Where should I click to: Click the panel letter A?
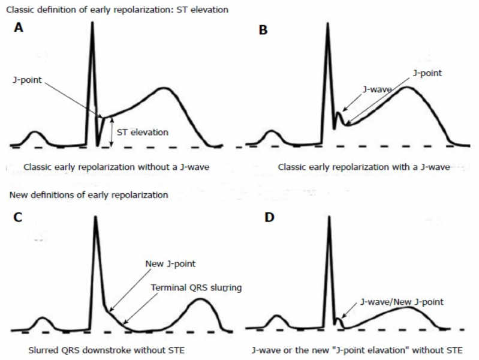[19, 28]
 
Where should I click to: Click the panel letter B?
[263, 30]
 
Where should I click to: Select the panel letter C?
[18, 217]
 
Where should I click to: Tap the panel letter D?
[269, 217]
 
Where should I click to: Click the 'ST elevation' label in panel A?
[143, 132]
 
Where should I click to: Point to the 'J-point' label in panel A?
[27, 80]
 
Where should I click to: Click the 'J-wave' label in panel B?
[377, 89]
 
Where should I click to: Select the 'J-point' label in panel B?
[427, 73]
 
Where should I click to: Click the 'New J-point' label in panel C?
[170, 263]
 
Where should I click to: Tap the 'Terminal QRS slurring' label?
[196, 287]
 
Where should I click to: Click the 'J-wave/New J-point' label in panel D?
[402, 302]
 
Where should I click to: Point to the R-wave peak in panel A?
[92, 23]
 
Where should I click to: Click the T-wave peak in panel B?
[406, 88]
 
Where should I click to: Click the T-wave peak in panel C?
[200, 299]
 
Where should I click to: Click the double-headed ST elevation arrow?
[112, 132]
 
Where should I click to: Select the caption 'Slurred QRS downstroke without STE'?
[106, 350]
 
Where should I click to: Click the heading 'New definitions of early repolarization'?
[89, 195]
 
